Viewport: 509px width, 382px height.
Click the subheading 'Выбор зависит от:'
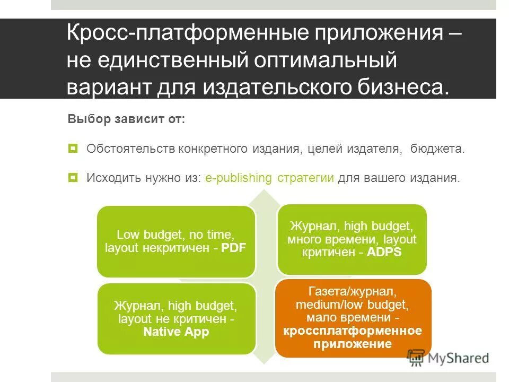pyautogui.click(x=126, y=119)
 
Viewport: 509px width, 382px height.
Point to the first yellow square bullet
pyautogui.click(x=73, y=148)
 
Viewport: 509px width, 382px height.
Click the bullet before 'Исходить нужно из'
pyautogui.click(x=73, y=177)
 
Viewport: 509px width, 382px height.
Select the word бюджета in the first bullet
pyautogui.click(x=437, y=149)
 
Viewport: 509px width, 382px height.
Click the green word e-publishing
pyautogui.click(x=239, y=178)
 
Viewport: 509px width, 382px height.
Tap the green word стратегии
pyautogui.click(x=305, y=178)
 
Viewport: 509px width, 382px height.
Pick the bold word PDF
pyautogui.click(x=234, y=248)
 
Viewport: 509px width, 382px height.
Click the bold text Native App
pyautogui.click(x=177, y=333)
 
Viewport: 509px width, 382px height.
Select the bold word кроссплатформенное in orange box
pyautogui.click(x=353, y=331)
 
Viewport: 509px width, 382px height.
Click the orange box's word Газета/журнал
pyautogui.click(x=352, y=291)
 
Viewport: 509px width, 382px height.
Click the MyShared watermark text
pyautogui.click(x=459, y=358)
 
